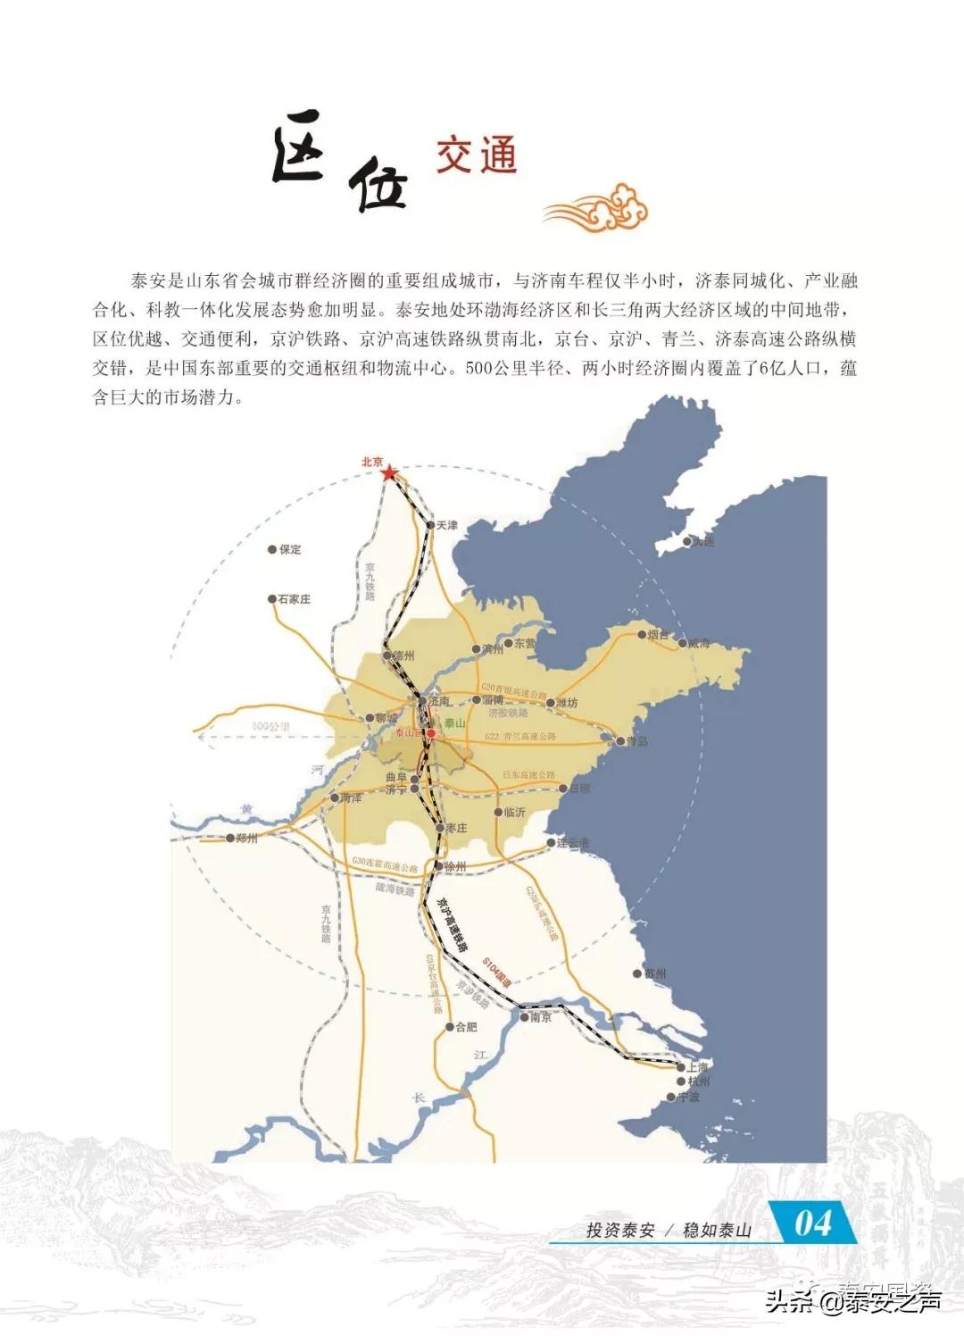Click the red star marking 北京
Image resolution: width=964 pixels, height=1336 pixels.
click(x=389, y=473)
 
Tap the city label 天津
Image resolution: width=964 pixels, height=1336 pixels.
click(x=446, y=525)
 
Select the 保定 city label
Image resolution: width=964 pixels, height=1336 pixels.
click(x=290, y=550)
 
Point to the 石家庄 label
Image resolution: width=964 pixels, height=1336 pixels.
click(x=294, y=599)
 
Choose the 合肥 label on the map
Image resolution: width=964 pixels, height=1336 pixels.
click(x=466, y=1027)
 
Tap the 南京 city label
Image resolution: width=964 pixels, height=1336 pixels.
click(x=541, y=1017)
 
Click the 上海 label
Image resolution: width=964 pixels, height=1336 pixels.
click(x=697, y=1067)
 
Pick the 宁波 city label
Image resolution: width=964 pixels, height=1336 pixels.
click(x=688, y=1098)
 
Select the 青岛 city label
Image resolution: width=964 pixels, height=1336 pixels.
click(x=636, y=741)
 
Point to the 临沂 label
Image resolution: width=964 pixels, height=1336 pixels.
click(x=514, y=813)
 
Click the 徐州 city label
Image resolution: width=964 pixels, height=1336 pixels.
click(x=454, y=866)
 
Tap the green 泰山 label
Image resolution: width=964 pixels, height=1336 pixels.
click(x=454, y=723)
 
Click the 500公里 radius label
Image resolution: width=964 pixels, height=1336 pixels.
click(x=270, y=727)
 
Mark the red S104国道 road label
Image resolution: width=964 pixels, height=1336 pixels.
click(x=497, y=971)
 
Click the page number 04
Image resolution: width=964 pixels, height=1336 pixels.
click(x=813, y=1223)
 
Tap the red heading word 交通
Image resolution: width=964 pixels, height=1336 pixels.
click(x=477, y=156)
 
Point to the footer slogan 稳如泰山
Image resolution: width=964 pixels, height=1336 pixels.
click(x=717, y=1231)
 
